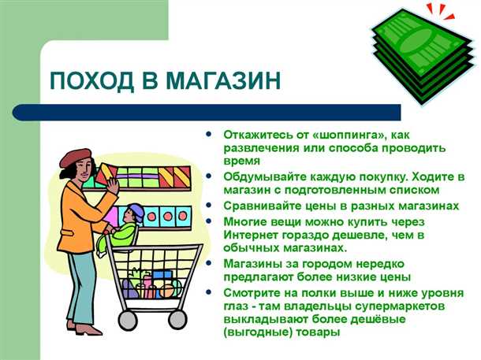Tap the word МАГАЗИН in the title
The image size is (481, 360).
225,81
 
